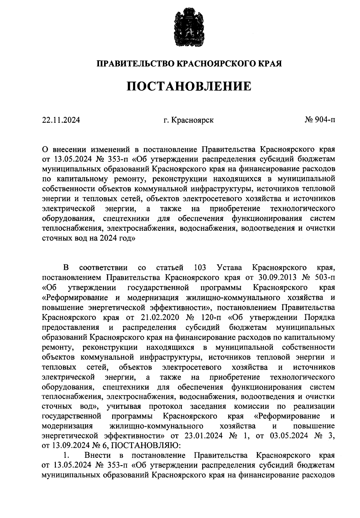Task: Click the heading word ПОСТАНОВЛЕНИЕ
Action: (x=189, y=86)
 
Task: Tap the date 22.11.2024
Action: (x=61, y=120)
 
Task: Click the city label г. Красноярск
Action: (x=188, y=120)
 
